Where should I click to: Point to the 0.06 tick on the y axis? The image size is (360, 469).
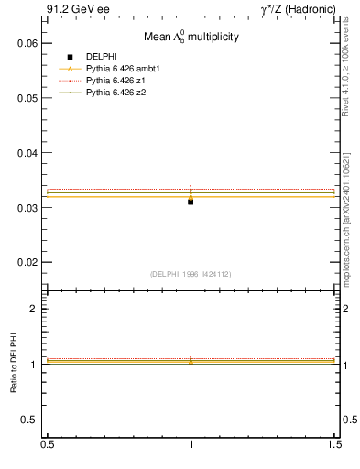(x=27, y=43)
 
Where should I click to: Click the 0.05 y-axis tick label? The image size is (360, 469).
(x=27, y=98)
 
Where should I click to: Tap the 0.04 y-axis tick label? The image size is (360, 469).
(x=27, y=153)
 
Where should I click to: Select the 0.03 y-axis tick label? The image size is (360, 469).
(x=27, y=208)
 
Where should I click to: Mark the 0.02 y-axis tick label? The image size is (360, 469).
(x=27, y=263)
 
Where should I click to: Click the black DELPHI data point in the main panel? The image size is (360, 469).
(x=191, y=202)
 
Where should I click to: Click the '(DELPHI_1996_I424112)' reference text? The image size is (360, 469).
(x=191, y=273)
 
